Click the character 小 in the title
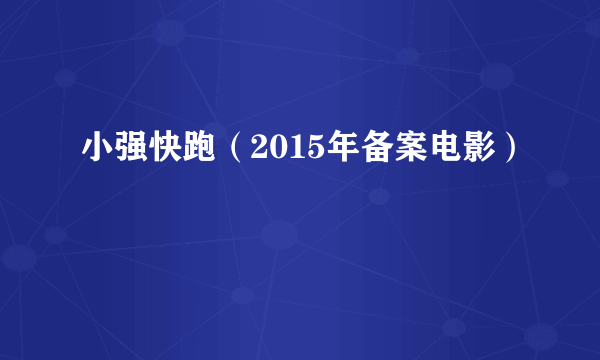pos(97,150)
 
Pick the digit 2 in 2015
pos(249,150)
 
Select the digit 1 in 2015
pos(282,150)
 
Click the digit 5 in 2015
pos(298,150)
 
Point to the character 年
pos(324,150)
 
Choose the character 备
pos(358,150)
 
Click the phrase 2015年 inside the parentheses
pos(290,150)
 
